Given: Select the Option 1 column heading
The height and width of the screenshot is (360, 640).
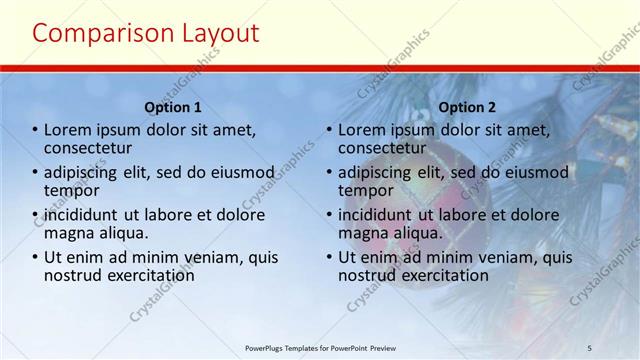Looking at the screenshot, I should coord(173,107).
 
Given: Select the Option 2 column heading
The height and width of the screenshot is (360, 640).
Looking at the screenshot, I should coord(467,107).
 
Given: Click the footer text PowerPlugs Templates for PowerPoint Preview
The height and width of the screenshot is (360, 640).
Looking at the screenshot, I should coord(329,347).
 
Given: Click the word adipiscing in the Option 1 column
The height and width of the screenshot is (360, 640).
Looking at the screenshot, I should coord(88,172).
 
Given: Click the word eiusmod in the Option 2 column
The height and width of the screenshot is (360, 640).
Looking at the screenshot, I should coord(533,172).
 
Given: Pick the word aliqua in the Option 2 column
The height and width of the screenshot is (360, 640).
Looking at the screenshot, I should coord(416,233).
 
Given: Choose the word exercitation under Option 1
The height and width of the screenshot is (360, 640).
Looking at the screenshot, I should coord(148,275).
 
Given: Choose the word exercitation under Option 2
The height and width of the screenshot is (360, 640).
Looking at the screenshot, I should coord(442,275).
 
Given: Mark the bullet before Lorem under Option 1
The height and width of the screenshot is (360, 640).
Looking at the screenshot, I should coord(35,130).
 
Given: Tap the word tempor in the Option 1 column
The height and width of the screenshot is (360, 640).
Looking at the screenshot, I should coord(71,190).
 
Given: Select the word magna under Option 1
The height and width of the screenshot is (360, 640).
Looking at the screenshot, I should coord(69,233).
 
